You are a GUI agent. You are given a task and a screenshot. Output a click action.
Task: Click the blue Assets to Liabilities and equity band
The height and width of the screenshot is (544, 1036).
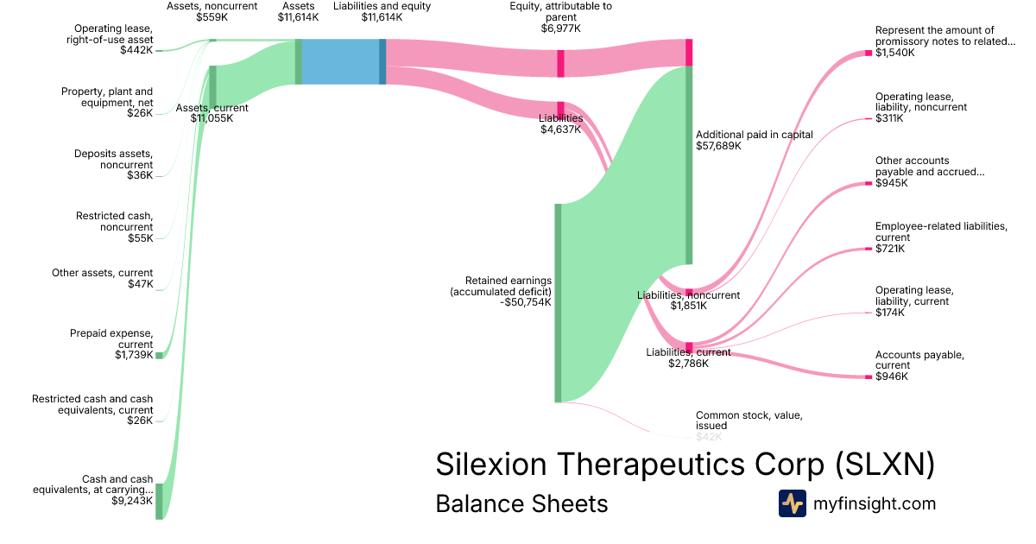click(x=340, y=62)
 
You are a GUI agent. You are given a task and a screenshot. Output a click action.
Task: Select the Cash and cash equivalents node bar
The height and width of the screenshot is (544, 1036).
click(x=159, y=501)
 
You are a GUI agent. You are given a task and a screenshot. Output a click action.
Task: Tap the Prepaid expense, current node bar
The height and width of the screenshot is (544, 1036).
click(x=159, y=355)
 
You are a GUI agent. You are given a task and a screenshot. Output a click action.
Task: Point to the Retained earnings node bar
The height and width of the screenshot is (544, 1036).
click(x=558, y=302)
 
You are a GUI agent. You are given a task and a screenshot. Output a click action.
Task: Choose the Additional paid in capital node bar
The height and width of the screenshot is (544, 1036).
click(x=689, y=164)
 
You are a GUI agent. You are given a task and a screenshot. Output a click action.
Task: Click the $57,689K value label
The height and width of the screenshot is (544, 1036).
click(x=718, y=146)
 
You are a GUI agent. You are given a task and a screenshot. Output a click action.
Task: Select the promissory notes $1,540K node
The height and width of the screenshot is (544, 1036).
click(x=869, y=54)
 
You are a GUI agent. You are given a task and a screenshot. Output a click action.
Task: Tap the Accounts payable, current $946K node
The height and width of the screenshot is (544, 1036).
click(x=869, y=376)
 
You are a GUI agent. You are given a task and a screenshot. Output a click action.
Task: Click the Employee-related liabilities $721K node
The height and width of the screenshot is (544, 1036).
click(x=869, y=249)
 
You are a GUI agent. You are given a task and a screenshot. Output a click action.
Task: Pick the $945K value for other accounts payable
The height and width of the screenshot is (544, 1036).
click(x=890, y=183)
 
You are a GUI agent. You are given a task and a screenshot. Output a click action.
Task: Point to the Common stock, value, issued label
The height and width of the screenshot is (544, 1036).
click(x=749, y=421)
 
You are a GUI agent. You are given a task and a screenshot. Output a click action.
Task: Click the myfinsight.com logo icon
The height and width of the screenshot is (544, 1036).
click(x=792, y=503)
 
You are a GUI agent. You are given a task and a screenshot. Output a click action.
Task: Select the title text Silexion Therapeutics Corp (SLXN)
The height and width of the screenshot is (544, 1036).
click(x=685, y=465)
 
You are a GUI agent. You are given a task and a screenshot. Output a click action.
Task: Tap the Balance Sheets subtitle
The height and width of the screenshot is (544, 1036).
click(x=521, y=503)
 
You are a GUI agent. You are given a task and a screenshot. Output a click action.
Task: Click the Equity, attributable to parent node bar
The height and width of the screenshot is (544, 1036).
click(x=560, y=63)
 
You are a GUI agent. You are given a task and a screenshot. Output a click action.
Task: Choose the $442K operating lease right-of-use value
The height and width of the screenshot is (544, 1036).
click(x=136, y=50)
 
